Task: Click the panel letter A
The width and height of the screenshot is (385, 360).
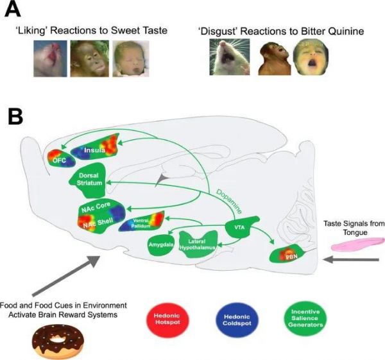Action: (x=15, y=11)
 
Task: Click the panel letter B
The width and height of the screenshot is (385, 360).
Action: (x=16, y=117)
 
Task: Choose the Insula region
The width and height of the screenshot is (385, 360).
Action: (x=96, y=150)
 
